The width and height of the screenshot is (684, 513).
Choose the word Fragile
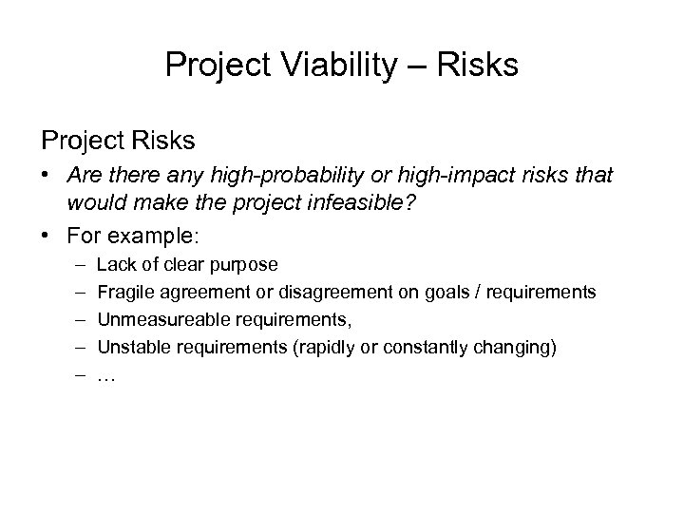point(124,292)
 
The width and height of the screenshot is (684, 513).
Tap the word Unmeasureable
point(152,319)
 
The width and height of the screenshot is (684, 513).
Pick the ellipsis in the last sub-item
point(106,376)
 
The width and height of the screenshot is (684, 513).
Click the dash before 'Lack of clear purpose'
point(75,264)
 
